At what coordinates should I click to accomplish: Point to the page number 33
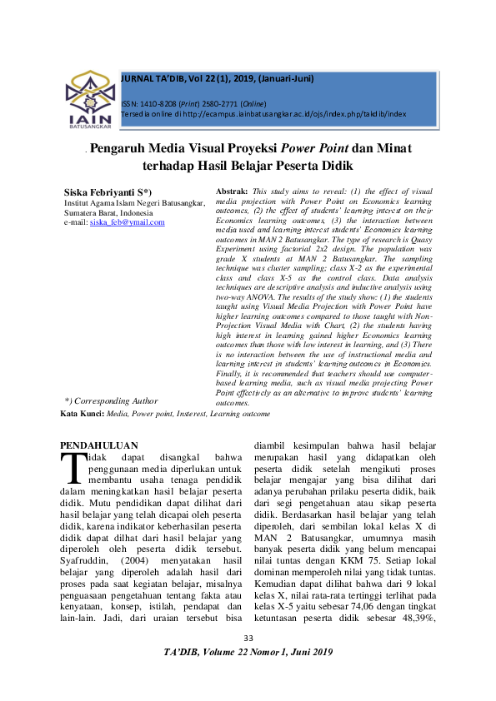click(248, 661)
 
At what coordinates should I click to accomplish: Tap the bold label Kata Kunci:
click(83, 413)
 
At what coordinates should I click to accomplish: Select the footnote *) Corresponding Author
click(111, 401)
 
